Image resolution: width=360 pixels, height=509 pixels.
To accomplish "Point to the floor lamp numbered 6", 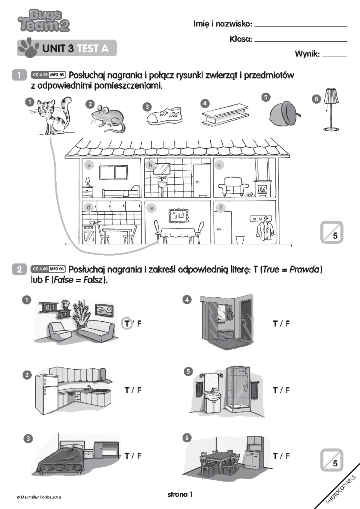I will tap(331, 109).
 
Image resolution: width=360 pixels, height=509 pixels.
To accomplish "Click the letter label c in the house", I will tap(219, 165).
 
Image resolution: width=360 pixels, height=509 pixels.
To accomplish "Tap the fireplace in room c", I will tap(262, 188).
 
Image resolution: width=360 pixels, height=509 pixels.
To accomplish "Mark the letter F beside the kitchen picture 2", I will tap(139, 390).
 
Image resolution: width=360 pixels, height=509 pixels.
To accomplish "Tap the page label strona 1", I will tap(180, 494).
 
